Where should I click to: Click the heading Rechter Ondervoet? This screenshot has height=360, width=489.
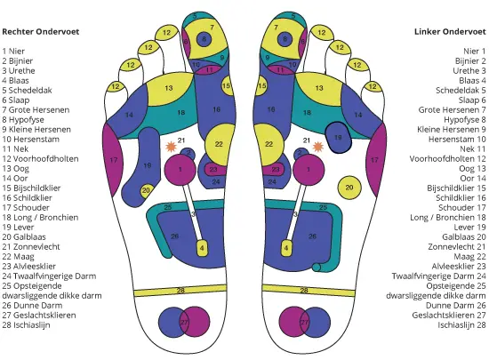[x=41, y=31]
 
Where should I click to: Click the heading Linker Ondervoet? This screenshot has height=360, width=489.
[x=450, y=31]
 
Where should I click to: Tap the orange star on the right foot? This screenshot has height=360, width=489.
[x=171, y=147]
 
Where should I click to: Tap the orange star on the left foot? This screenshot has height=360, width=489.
[x=317, y=147]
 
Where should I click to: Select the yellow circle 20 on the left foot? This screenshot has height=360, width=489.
[x=349, y=188]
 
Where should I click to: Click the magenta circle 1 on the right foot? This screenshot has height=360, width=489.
[x=180, y=170]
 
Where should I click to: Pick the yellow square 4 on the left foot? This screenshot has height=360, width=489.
[x=286, y=248]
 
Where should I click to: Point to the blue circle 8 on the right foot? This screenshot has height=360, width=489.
[x=204, y=39]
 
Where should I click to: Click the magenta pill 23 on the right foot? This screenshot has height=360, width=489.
[x=215, y=170]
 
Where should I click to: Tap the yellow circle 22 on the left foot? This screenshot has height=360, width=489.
[x=269, y=144]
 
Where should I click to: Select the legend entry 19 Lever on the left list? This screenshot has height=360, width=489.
[x=18, y=228]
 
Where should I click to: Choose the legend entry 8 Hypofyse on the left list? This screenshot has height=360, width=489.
[x=23, y=120]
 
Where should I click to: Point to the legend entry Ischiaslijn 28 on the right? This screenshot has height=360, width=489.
[x=461, y=324]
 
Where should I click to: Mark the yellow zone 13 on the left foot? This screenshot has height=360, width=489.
[x=318, y=88]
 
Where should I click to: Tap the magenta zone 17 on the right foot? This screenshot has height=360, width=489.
[x=113, y=160]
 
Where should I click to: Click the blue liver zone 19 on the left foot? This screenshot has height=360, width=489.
[x=338, y=138]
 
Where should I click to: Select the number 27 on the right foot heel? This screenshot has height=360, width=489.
[x=184, y=323]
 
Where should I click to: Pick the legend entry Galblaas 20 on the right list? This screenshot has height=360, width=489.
[x=464, y=236]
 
